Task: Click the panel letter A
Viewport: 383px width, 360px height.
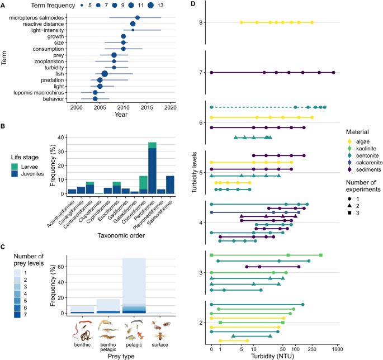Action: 4,6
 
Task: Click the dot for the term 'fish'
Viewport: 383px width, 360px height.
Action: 104,73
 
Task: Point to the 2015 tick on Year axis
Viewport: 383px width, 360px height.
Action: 147,107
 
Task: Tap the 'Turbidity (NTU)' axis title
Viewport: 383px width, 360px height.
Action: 273,356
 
